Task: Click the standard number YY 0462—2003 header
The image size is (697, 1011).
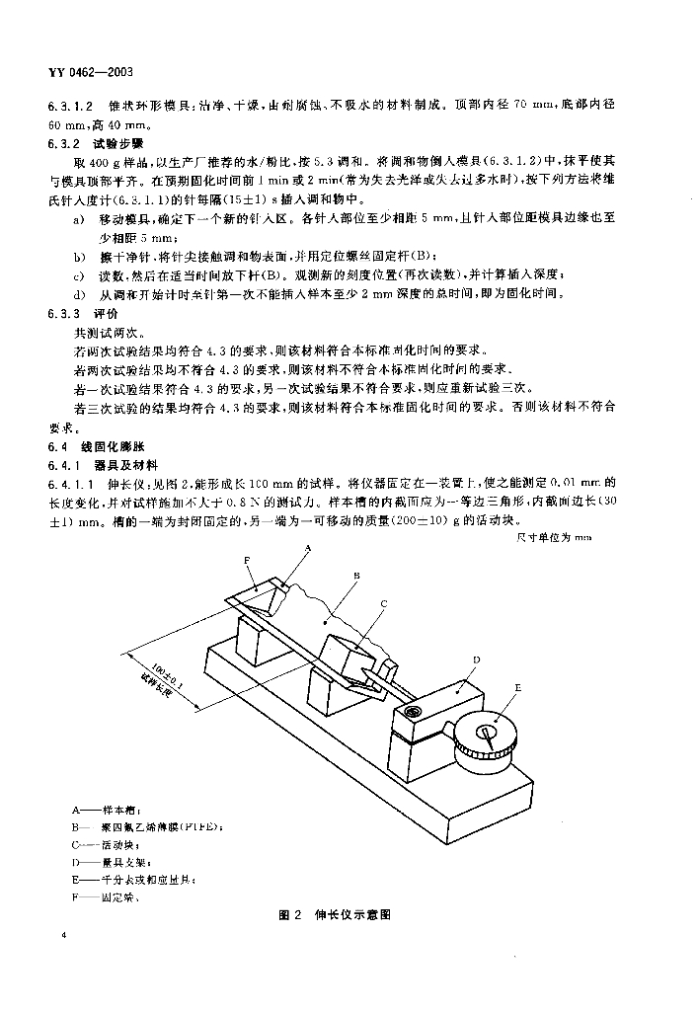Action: (x=91, y=73)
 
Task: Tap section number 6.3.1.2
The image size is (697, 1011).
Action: (x=69, y=106)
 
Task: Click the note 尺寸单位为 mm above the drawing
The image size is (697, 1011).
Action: (x=553, y=537)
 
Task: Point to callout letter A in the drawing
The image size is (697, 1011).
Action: (x=308, y=546)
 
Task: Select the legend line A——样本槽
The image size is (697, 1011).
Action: (x=95, y=809)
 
